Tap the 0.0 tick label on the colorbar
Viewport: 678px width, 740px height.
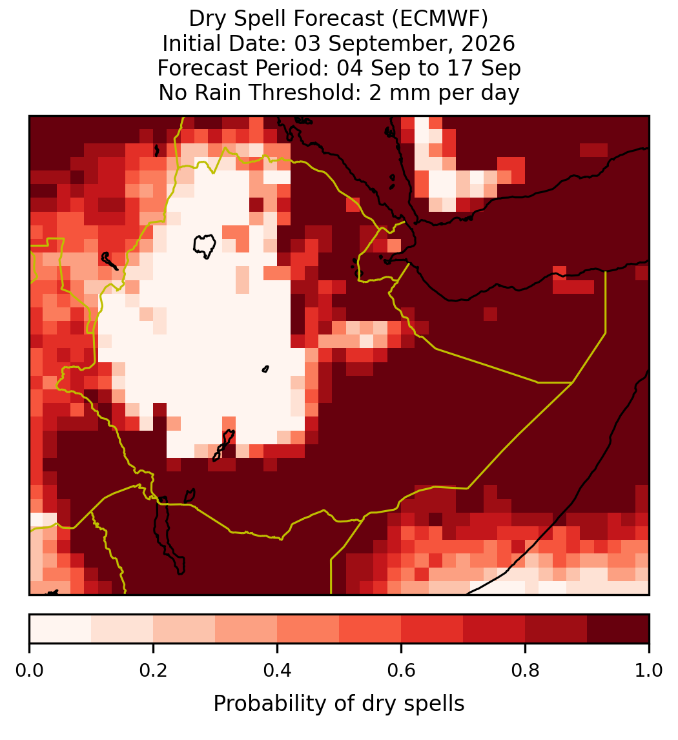click(29, 670)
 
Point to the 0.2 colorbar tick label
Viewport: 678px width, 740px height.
click(153, 670)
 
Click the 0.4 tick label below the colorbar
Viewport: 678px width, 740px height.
click(278, 670)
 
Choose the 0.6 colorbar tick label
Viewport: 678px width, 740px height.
click(401, 670)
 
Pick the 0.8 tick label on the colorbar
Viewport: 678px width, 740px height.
click(525, 670)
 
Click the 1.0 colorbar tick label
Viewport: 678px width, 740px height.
click(649, 670)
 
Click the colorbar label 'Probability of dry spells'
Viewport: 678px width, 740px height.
click(339, 704)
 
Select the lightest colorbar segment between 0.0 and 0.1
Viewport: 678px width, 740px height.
click(61, 629)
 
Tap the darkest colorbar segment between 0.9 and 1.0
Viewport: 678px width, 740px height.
click(618, 629)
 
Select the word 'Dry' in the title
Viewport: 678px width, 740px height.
click(208, 19)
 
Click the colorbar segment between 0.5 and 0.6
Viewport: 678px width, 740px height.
click(371, 629)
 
